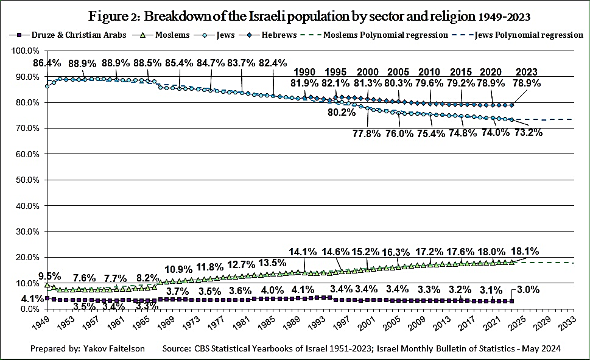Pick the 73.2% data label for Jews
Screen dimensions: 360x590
click(527, 132)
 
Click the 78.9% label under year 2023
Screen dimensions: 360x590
click(527, 82)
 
